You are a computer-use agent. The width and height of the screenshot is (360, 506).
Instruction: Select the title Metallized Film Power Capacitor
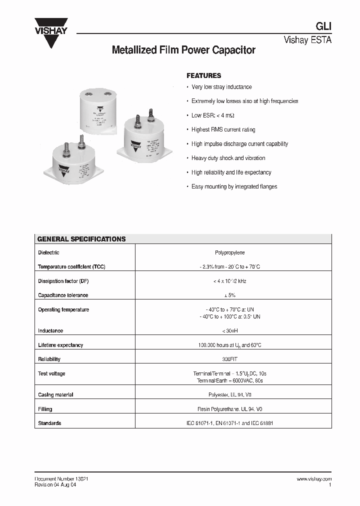(183, 50)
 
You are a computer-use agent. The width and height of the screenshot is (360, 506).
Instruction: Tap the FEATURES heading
(203, 76)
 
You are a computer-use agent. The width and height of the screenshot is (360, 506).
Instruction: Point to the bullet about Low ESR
(212, 115)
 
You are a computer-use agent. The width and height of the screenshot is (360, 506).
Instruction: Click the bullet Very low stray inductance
(221, 87)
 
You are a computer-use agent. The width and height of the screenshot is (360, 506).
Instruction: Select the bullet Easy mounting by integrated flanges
(234, 186)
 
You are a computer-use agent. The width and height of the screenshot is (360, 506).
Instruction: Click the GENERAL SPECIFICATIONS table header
(81, 239)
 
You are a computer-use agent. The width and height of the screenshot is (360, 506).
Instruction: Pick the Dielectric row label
(48, 253)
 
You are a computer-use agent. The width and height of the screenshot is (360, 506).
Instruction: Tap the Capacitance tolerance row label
(63, 295)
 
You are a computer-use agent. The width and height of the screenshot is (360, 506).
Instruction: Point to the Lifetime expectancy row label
(60, 345)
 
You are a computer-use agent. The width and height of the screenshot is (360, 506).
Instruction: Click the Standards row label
(49, 423)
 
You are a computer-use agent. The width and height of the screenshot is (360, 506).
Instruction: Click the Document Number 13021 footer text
(62, 479)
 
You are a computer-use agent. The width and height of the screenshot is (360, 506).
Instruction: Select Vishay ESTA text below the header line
(307, 40)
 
